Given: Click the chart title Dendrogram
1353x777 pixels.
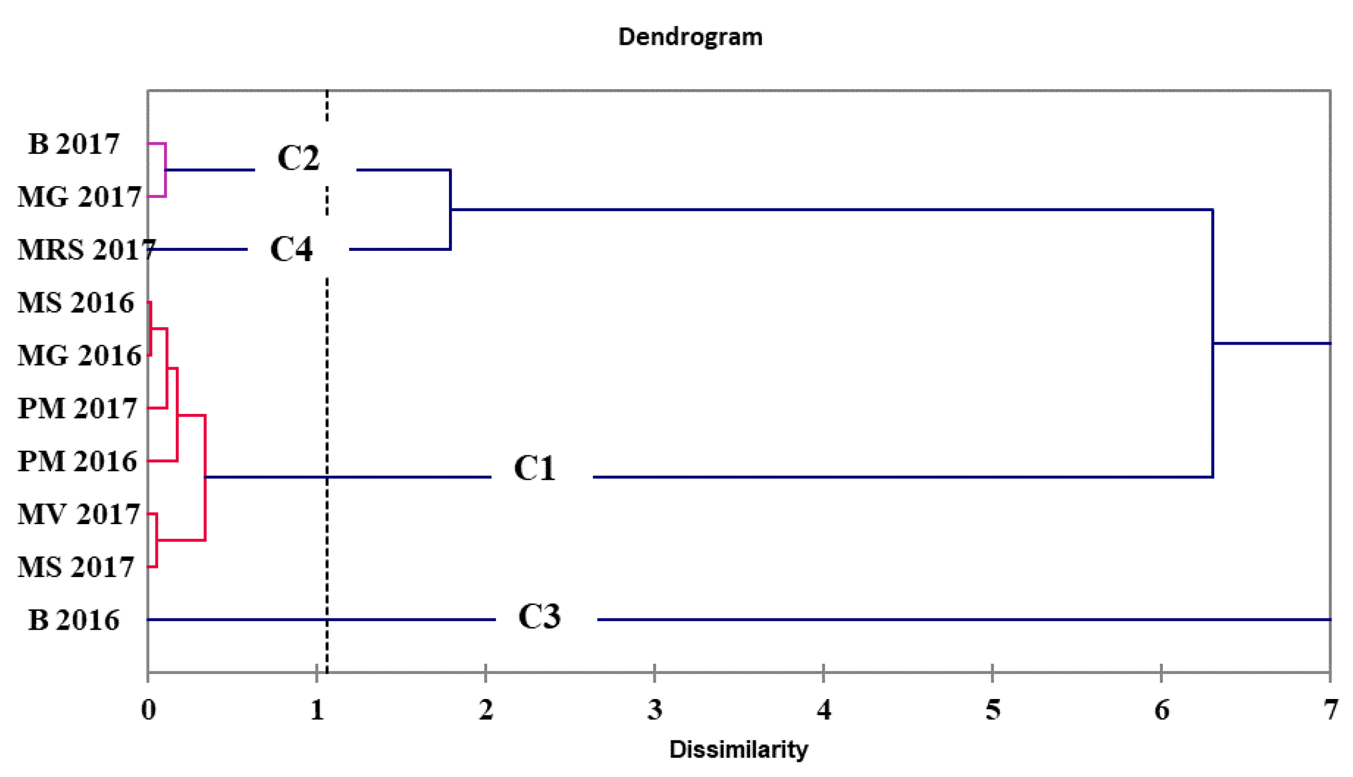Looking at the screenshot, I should pyautogui.click(x=690, y=37).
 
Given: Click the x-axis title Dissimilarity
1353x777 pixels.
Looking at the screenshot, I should pyautogui.click(x=738, y=749).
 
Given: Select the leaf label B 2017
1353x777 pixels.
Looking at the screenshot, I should pyautogui.click(x=73, y=144).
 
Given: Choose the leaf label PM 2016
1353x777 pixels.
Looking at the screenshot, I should pyautogui.click(x=77, y=461).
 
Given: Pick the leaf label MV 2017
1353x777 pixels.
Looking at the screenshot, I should pyautogui.click(x=78, y=514).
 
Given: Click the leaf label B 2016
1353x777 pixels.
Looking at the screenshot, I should pyautogui.click(x=73, y=620).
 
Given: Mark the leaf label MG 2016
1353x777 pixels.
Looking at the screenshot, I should pyautogui.click(x=79, y=355).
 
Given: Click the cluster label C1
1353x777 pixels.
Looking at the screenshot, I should pyautogui.click(x=535, y=469).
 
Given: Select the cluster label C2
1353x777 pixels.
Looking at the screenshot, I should pyautogui.click(x=298, y=158).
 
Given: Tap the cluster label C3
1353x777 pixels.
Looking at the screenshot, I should pyautogui.click(x=539, y=616).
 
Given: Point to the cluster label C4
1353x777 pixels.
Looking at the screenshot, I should pyautogui.click(x=291, y=249).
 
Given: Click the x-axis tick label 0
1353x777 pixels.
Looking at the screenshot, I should pyautogui.click(x=148, y=710).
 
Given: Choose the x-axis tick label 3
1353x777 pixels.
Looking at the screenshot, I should pyautogui.click(x=655, y=710).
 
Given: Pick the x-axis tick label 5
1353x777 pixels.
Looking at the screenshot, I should pyautogui.click(x=993, y=710).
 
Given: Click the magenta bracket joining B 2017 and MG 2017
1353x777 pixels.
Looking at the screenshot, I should pyautogui.click(x=165, y=170).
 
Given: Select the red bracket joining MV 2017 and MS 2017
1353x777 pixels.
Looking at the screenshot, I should pyautogui.click(x=156, y=540).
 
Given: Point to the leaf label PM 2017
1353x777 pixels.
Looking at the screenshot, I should pyautogui.click(x=77, y=408).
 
